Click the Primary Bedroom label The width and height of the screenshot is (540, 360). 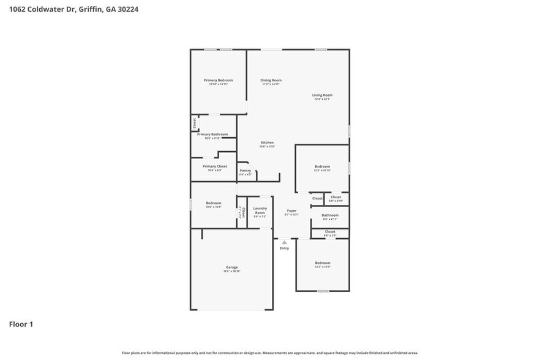218,80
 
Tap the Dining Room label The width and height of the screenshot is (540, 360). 271,80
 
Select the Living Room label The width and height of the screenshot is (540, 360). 322,95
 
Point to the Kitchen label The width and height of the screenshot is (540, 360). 267,143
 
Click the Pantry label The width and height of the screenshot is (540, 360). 245,171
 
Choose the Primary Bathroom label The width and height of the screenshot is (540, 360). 212,134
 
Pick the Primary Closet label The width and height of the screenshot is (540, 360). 214,167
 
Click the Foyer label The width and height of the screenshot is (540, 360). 291,211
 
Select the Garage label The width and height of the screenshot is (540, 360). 231,267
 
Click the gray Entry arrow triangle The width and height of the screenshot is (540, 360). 284,242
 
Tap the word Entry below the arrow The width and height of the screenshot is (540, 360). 284,248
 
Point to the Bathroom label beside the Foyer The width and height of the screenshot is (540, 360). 330,215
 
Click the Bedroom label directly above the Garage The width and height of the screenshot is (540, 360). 213,203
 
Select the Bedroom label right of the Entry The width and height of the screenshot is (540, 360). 323,263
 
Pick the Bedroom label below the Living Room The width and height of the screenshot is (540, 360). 322,167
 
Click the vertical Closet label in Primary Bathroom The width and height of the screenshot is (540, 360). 195,123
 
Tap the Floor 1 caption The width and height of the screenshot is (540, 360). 21,324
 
